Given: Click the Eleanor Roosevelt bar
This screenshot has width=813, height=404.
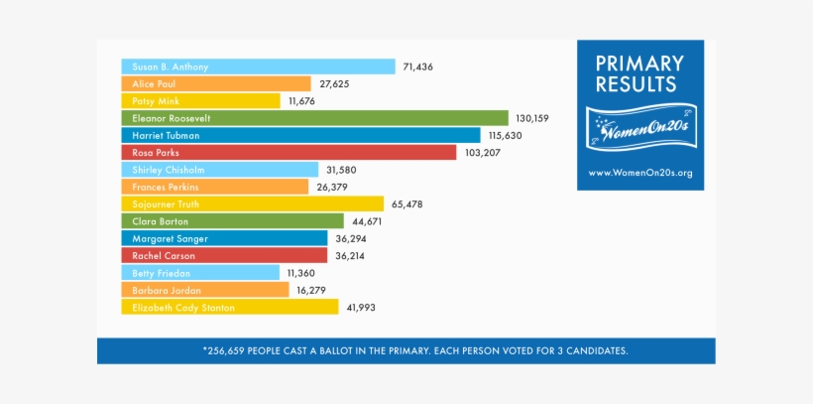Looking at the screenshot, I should (314, 118).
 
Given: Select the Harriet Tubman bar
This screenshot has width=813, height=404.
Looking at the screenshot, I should (300, 135).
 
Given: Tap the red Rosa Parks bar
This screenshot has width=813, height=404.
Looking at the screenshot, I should (289, 152).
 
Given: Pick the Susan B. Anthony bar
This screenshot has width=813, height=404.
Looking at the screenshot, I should (258, 67).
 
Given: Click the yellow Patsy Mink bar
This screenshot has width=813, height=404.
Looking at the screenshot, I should (201, 101).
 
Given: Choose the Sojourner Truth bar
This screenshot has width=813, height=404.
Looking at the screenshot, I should (253, 203).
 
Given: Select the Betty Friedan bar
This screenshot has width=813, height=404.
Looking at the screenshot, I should (200, 272).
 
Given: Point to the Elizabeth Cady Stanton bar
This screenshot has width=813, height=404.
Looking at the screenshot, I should (230, 308).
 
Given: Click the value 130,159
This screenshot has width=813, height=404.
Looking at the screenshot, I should (532, 118).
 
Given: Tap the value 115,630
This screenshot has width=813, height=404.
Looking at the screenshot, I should (505, 135).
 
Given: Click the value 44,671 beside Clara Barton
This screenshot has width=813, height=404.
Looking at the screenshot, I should (367, 221).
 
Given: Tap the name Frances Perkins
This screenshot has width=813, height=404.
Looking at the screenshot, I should (166, 187).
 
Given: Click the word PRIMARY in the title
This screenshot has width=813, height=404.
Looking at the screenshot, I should (639, 64).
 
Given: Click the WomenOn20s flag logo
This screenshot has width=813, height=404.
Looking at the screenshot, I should (639, 127).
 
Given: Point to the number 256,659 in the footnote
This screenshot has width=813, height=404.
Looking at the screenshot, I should (231, 351).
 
